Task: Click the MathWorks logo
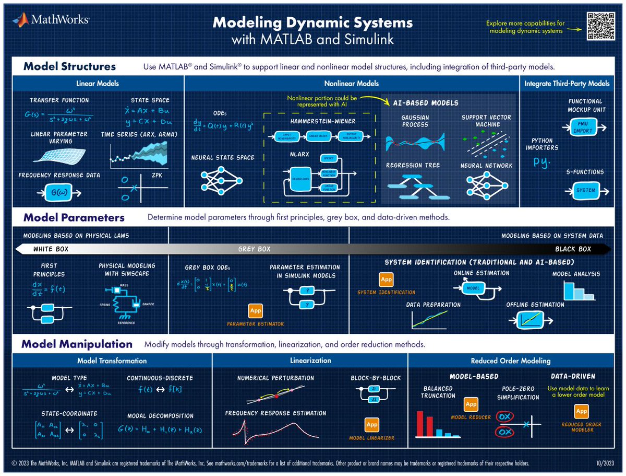click(51, 20)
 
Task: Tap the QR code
click(602, 26)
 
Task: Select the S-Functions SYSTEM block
click(585, 190)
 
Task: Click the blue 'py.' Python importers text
click(543, 162)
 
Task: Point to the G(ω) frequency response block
click(57, 193)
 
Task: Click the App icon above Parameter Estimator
click(256, 311)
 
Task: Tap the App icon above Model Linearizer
click(371, 424)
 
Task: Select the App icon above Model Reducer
click(471, 404)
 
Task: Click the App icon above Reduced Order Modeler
click(581, 411)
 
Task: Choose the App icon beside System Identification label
click(386, 280)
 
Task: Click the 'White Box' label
click(51, 249)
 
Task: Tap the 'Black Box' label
click(573, 249)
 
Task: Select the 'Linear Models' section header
click(98, 84)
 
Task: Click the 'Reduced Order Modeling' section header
click(510, 361)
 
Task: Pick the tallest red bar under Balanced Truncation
click(419, 423)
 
